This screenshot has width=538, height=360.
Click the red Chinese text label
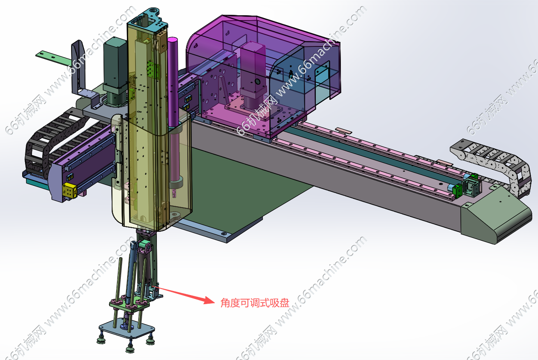(x=255, y=303)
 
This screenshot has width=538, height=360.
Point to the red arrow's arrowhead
(x=209, y=300)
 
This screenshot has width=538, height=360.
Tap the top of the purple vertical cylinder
(x=172, y=39)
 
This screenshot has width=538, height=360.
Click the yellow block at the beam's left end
(x=70, y=190)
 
